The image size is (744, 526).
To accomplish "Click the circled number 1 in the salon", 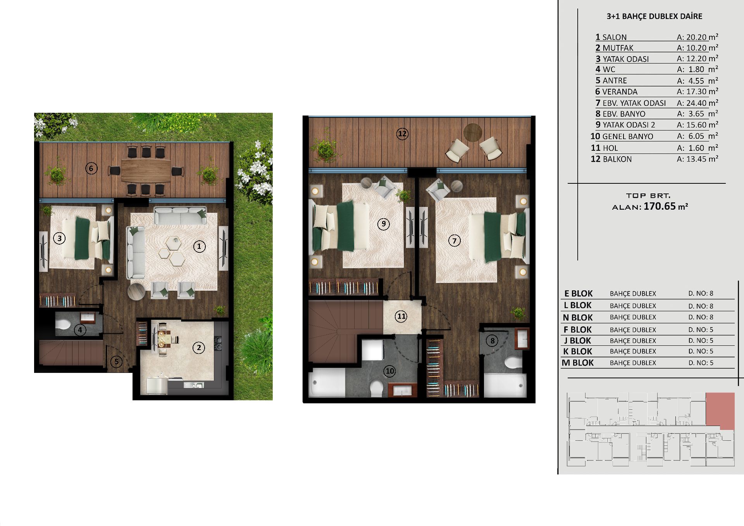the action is tap(199, 246).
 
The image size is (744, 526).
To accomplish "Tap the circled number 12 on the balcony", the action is tap(402, 134).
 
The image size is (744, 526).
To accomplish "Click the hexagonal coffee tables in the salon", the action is tap(173, 251).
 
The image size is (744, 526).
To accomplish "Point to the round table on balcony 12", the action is tap(473, 132).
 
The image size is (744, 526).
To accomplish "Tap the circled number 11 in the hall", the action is tap(401, 316).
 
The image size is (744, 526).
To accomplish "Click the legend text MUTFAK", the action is tap(618, 48).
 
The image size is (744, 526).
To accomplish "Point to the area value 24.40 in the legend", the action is tap(697, 103).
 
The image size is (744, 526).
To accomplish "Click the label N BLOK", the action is tap(578, 317).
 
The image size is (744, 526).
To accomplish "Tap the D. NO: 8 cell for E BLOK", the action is tap(701, 293).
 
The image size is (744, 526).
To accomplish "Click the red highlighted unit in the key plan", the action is tap(720, 411).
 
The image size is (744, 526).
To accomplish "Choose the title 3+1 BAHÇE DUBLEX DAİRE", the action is tap(654, 16).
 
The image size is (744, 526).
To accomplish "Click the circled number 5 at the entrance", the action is tap(116, 362).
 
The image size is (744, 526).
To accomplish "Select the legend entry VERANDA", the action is tap(620, 92).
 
